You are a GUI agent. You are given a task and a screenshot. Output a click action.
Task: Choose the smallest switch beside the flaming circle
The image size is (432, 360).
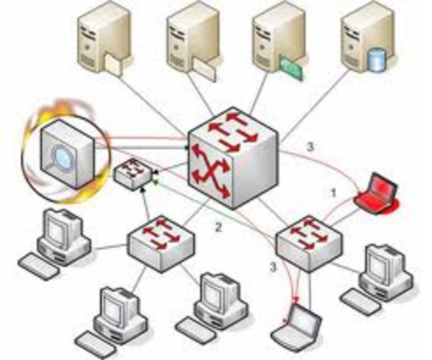point(133,174)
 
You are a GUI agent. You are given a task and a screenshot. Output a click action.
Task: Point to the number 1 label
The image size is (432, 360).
point(333,193)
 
